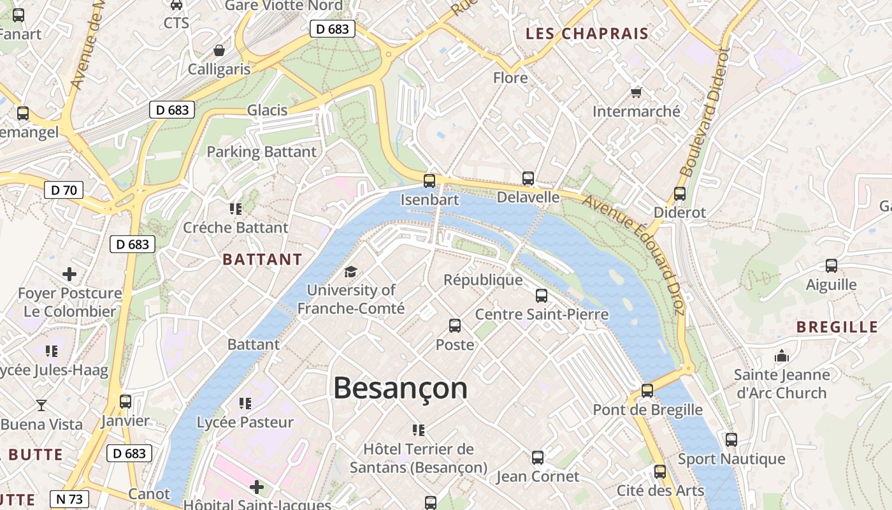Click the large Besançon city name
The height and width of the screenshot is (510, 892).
(400, 388)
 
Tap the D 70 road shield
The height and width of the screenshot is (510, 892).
(64, 189)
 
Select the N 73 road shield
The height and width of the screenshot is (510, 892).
(69, 499)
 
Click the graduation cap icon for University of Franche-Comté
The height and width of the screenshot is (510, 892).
(350, 272)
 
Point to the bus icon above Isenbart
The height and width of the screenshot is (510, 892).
(429, 180)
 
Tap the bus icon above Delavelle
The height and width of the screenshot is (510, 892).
(528, 178)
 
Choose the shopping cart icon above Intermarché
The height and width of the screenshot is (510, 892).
(636, 93)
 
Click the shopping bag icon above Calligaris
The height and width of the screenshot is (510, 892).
(219, 50)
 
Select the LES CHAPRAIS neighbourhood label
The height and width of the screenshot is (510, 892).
(587, 34)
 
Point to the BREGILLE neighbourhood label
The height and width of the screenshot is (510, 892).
(837, 327)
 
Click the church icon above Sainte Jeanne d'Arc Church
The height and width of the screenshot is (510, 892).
(781, 356)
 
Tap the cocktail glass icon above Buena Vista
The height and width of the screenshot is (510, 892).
(41, 405)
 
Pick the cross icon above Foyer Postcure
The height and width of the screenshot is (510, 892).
(69, 275)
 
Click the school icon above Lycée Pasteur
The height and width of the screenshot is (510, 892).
(245, 403)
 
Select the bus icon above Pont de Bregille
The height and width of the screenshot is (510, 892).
(647, 391)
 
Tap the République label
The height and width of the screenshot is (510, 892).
(483, 280)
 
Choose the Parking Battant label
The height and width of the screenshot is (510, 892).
(261, 152)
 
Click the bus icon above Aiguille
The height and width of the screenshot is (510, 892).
(831, 266)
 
